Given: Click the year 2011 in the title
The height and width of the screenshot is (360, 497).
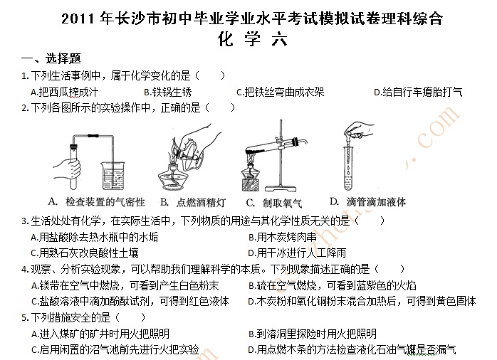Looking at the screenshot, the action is pos(78,18).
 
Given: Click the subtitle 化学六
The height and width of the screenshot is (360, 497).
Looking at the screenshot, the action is pos(253,40).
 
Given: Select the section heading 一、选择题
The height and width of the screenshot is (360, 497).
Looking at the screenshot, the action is pos(51,58).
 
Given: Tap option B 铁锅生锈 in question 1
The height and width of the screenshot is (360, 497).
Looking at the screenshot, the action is pos(167,92).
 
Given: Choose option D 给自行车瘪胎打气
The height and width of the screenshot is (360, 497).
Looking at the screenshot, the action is pos(418,92).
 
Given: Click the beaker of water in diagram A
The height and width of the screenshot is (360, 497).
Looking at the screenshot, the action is pos(113,176).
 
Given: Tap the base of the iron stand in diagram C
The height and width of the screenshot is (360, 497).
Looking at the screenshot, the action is pos(281,189).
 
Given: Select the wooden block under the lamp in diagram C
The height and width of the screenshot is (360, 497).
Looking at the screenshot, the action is pos(251,185).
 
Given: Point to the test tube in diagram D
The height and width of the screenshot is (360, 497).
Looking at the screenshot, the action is pos(347,168).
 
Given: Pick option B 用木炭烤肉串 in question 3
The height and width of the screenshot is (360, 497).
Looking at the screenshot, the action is pos(283,237).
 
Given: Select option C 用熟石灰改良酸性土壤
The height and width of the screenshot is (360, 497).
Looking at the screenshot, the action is pos(85,253).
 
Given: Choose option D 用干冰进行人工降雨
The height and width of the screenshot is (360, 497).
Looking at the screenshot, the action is pos(297,253).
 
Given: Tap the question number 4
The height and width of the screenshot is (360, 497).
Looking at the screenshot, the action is pos(25,270).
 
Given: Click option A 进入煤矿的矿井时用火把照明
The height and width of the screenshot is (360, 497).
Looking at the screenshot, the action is pos(100,334).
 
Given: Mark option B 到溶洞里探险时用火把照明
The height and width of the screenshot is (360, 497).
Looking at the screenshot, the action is pos(313,334).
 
